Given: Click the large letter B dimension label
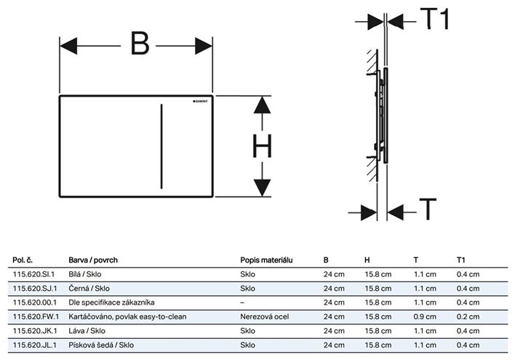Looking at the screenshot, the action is click(140, 44).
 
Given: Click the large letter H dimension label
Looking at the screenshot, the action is click(262, 146).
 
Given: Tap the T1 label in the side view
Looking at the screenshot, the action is click(434, 19).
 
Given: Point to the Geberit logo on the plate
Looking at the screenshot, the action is click(200, 101).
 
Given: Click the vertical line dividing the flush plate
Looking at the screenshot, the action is click(161, 146).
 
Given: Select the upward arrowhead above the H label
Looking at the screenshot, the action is click(262, 105).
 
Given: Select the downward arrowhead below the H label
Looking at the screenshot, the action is click(262, 188).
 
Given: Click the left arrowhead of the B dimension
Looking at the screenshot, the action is click(68, 46).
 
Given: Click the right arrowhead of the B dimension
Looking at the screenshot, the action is click(204, 46).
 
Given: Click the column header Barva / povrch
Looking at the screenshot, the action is click(93, 260).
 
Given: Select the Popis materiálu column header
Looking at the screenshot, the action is click(266, 260).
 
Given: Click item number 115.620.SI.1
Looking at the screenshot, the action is click(34, 274).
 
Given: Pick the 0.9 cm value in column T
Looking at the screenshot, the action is click(425, 316).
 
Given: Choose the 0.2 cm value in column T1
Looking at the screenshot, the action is click(468, 316).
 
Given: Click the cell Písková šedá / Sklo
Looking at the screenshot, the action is click(101, 345).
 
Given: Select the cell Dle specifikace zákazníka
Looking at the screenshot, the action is click(111, 303).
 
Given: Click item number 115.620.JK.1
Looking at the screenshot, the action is click(35, 331).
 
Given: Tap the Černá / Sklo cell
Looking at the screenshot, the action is click(89, 289).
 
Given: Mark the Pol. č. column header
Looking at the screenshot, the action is click(23, 260).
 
